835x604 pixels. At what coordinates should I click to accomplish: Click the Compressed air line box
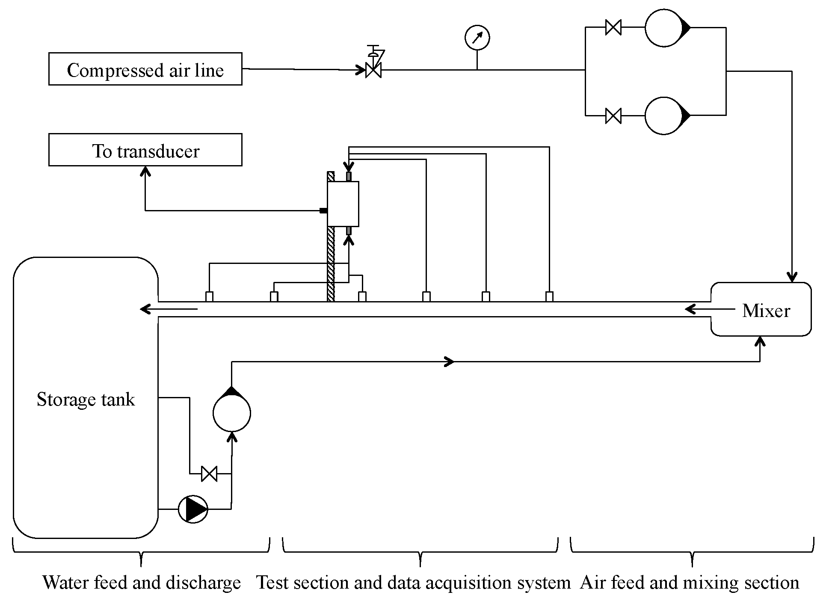pos(145,69)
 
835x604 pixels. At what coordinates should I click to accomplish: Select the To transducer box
pos(145,150)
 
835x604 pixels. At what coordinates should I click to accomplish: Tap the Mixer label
pos(766,311)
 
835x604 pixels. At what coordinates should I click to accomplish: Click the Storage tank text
pos(86,400)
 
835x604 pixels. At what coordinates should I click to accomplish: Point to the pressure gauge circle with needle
pos(477,38)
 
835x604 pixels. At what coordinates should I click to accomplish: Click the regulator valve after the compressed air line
pos(373,70)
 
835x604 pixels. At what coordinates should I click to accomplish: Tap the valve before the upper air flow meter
pos(613,28)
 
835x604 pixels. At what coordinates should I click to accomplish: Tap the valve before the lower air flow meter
pos(613,116)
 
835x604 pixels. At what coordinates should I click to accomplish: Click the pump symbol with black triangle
pos(193,509)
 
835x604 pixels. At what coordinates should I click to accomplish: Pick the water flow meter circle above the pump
pos(232,413)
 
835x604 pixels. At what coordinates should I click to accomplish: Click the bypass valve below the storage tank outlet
pos(209,474)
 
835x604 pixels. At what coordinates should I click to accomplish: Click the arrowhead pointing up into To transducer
pos(145,172)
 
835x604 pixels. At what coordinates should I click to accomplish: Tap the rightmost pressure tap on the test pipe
pos(549,296)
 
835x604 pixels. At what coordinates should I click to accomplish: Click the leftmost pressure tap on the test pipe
pos(209,296)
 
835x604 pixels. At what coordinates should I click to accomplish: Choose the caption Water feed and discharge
pos(142,583)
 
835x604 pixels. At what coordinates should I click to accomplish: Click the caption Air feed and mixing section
pos(690,583)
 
